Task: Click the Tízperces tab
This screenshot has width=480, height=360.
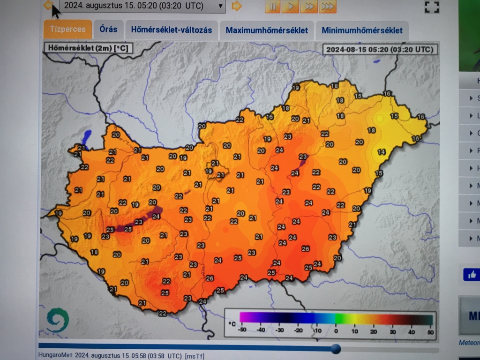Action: point(67,30)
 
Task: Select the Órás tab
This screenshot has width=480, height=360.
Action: point(108,30)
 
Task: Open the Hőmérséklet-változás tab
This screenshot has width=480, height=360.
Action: point(171,30)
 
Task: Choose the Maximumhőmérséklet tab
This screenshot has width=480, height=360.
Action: point(267,30)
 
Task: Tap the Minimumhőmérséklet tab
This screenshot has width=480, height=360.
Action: point(362,30)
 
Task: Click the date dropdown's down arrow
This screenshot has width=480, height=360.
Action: point(220,7)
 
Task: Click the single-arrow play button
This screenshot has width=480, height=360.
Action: point(291,7)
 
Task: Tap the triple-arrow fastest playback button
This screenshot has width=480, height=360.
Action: point(328,7)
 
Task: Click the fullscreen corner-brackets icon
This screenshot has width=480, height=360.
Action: point(431,7)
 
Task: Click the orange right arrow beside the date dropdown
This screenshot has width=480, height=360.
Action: point(237,6)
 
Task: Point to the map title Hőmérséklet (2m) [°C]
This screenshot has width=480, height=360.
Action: point(88,47)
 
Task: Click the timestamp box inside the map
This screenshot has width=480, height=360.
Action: point(380,49)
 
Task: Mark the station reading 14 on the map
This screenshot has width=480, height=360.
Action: point(382,152)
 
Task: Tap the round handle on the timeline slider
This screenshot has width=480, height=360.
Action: point(336,349)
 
